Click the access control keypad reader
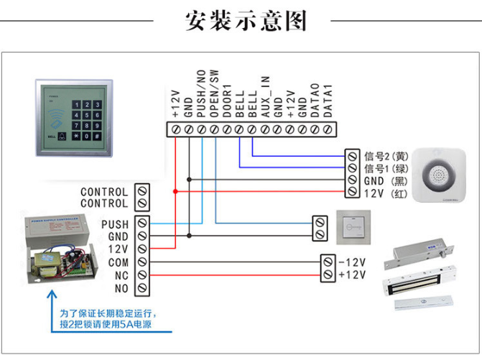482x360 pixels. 73,115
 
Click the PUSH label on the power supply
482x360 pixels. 115,224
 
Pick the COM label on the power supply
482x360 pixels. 119,262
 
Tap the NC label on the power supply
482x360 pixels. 121,275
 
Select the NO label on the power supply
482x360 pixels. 121,288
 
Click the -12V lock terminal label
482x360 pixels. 352,262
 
